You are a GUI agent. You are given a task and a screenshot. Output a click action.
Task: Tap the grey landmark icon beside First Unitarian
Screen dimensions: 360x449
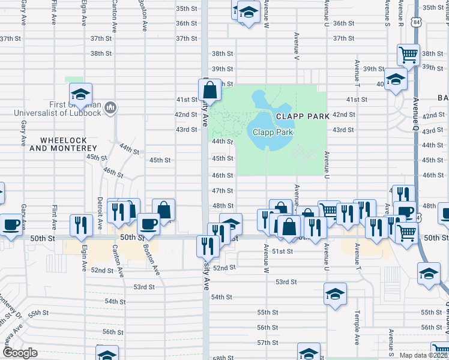110,108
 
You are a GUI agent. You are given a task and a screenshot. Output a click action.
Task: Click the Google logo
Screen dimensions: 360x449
19,353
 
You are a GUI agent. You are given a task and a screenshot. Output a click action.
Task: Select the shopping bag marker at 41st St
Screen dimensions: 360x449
209,91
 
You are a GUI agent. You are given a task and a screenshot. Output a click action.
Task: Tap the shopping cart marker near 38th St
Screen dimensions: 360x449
408,55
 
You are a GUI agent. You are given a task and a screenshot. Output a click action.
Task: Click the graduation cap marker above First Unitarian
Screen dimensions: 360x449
80,94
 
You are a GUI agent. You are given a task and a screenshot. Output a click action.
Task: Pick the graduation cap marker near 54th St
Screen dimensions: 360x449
335,294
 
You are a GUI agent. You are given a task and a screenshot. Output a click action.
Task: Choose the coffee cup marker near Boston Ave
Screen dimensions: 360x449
148,224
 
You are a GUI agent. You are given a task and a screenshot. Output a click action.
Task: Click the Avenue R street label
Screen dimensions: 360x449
400,17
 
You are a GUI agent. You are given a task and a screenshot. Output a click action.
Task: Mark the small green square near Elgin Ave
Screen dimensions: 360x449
73,80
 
